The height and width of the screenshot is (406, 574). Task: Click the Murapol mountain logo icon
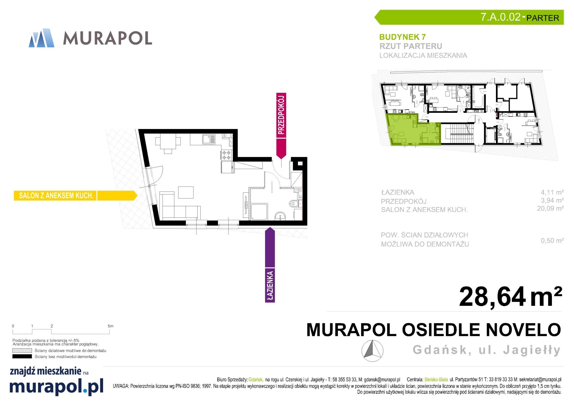click(x=42, y=38)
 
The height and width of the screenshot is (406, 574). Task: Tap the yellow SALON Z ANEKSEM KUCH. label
click(x=75, y=196)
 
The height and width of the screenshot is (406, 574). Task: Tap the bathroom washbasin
click(x=280, y=216)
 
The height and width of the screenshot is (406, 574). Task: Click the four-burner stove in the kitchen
click(x=226, y=155)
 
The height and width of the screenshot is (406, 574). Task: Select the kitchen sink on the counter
click(x=209, y=139)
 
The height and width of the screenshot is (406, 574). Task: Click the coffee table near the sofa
click(x=186, y=192)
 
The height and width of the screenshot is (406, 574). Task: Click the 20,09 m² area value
click(x=550, y=208)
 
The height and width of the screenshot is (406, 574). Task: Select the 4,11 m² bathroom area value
click(x=552, y=192)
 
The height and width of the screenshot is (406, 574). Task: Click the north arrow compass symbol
click(x=372, y=351)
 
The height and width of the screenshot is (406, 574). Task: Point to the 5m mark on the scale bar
click(x=110, y=326)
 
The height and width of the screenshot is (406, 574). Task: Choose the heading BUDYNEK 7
click(x=402, y=37)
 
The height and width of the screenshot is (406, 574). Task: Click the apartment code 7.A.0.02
click(x=500, y=17)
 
